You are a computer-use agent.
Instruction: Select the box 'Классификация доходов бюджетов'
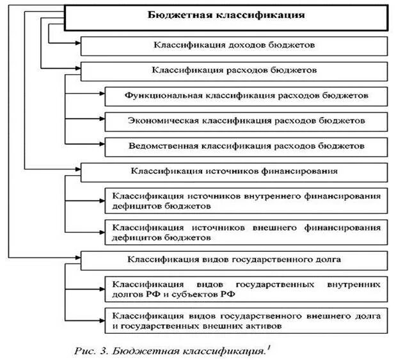[233, 46]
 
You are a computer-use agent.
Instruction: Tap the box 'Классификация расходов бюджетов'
[233, 70]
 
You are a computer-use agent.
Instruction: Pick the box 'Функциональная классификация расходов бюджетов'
[246, 96]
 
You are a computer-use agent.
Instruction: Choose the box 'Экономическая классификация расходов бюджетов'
[246, 121]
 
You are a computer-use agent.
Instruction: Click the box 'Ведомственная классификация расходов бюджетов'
[246, 145]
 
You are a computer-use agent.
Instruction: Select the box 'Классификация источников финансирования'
[233, 171]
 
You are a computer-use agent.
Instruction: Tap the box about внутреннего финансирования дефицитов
[246, 200]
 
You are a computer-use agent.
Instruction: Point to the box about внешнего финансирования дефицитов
[246, 231]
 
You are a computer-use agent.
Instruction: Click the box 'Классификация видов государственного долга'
[233, 260]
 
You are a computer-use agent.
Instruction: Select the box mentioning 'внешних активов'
[246, 320]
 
